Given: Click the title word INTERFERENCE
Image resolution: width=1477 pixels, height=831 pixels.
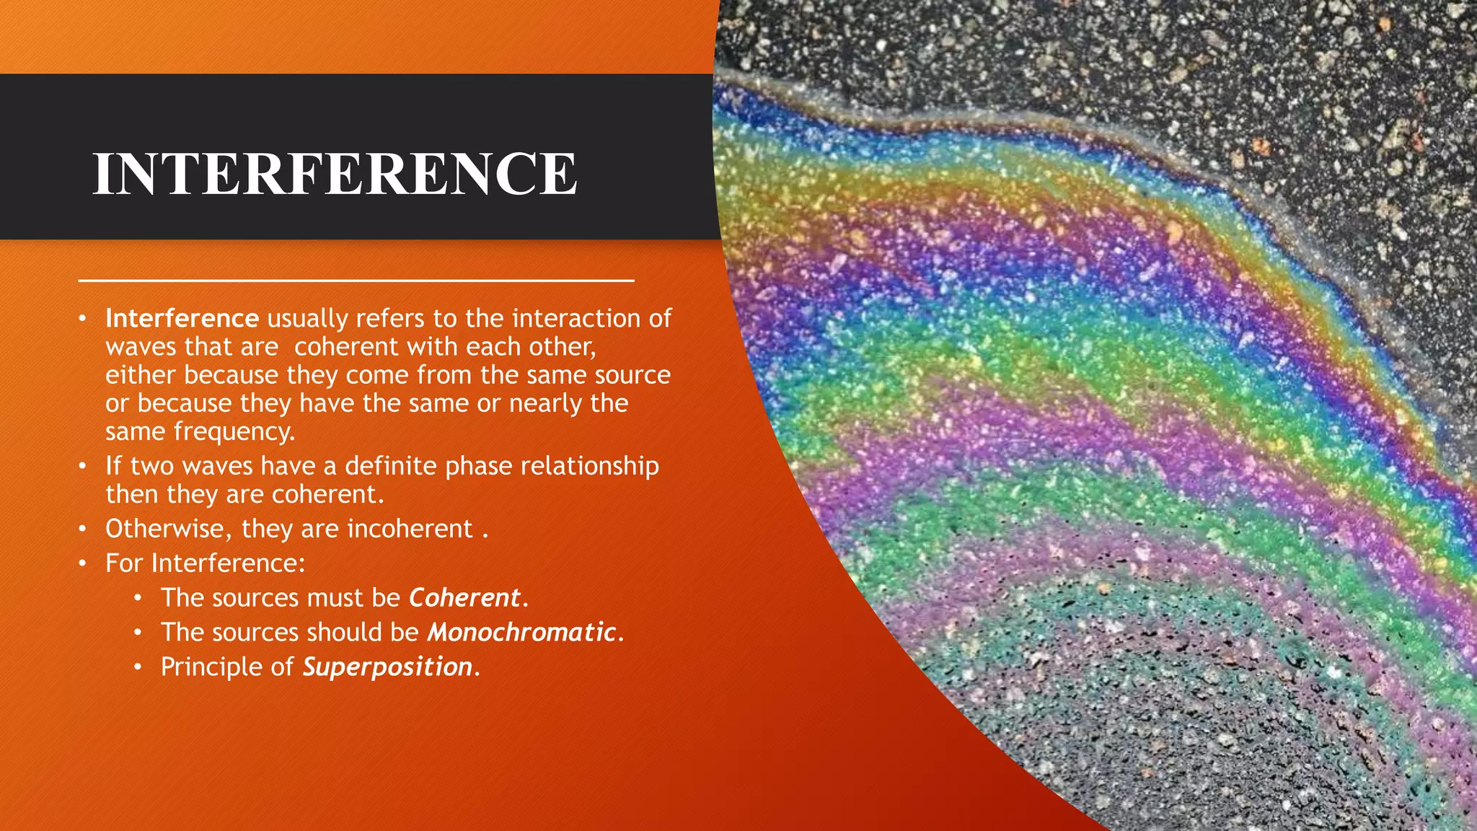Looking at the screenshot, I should click(335, 174).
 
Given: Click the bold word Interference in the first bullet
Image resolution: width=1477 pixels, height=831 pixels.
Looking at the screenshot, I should click(182, 318).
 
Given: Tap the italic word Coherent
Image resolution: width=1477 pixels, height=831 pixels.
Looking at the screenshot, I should click(464, 597).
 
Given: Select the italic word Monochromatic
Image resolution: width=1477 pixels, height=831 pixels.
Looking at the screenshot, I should click(521, 632).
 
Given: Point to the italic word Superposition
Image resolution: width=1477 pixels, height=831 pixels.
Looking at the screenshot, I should click(387, 667).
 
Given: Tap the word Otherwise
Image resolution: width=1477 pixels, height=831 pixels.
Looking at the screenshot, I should click(167, 529).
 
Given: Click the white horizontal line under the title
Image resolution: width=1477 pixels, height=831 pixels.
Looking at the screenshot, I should click(356, 280).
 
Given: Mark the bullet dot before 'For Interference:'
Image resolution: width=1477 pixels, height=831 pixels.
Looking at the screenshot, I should click(83, 563).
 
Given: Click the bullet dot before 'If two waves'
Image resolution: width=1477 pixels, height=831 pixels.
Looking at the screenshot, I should click(83, 466).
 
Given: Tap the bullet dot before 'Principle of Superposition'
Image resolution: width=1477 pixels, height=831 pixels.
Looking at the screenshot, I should click(138, 667).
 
